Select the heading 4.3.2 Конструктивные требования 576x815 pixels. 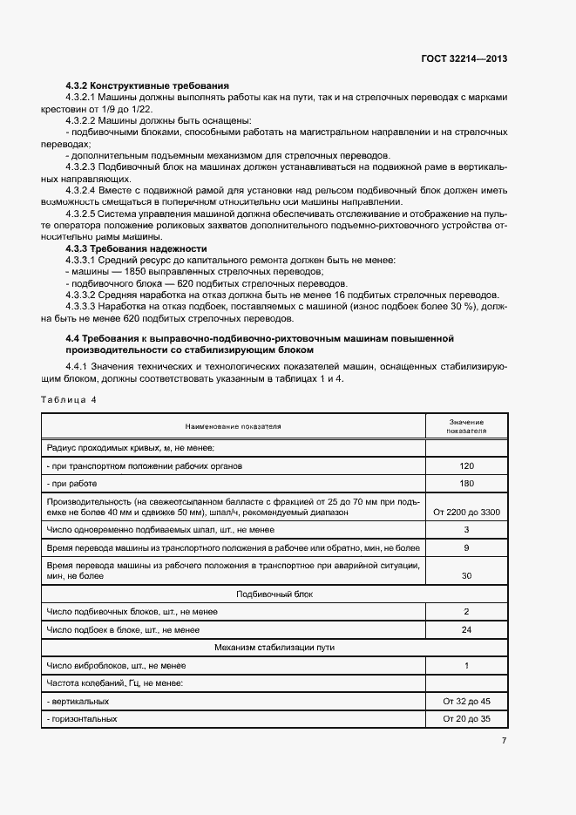[x=147, y=85]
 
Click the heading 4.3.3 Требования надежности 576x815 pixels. [x=137, y=248]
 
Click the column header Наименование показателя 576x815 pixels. [x=233, y=427]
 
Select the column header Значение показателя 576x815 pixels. [x=466, y=426]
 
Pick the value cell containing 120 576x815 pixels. [x=466, y=466]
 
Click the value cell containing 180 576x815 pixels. [x=466, y=484]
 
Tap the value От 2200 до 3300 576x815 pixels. [x=466, y=513]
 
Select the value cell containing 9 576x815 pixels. [x=466, y=547]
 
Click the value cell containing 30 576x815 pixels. [x=466, y=576]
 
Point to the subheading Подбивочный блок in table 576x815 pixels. [x=274, y=594]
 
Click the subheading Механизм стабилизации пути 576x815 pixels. [x=274, y=647]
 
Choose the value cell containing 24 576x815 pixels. [x=466, y=629]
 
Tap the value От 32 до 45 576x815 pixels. [x=466, y=701]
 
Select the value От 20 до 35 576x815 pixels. [x=466, y=719]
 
